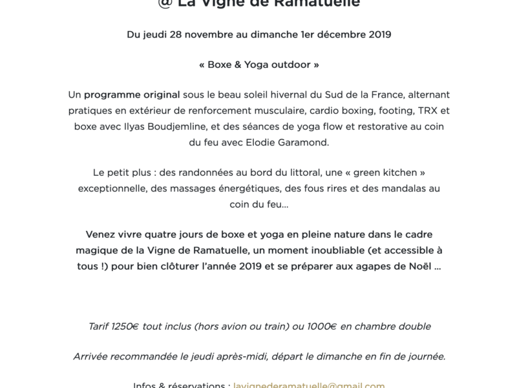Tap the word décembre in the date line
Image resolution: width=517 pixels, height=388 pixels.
coord(333,35)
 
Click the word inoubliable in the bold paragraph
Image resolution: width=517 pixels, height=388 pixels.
coord(332,250)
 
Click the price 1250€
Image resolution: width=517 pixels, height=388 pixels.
coord(125,327)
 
